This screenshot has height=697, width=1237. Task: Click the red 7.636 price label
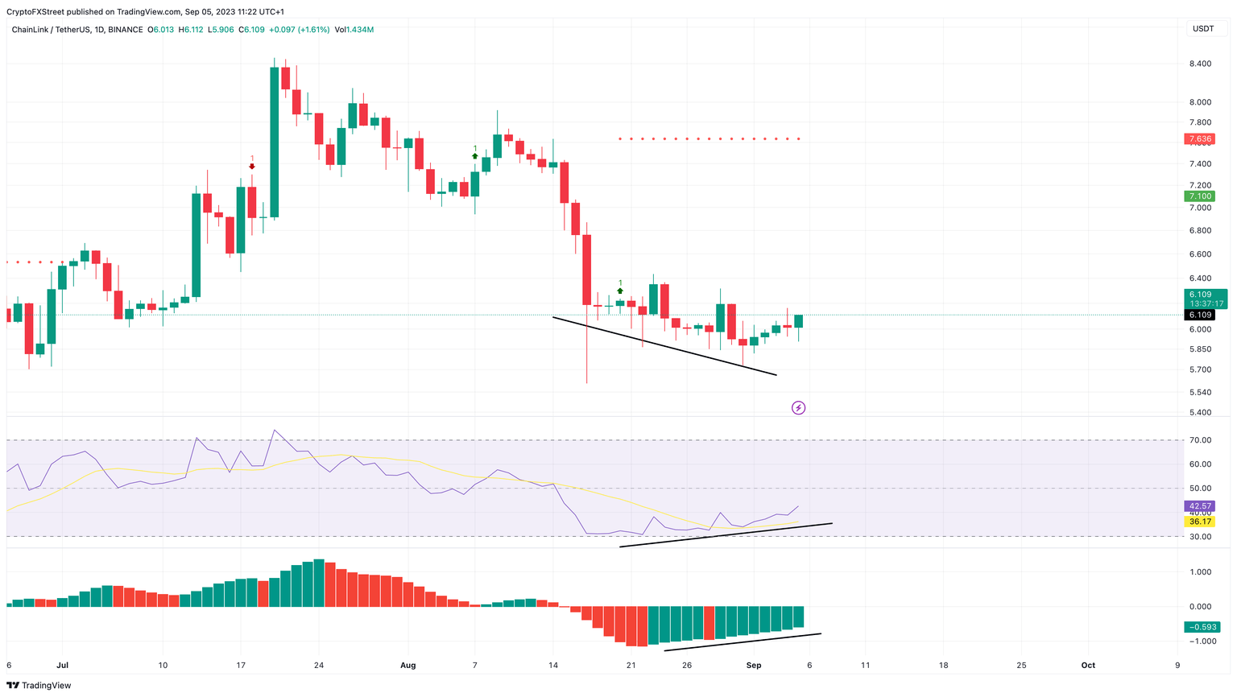1200,139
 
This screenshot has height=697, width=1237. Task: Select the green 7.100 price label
1200,196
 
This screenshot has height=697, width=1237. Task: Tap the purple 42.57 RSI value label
1200,506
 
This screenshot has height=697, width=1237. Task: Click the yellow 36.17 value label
1200,522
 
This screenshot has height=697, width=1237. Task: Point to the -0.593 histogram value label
1202,627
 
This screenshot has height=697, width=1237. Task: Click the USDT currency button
1203,29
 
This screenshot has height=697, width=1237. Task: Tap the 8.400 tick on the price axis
1200,64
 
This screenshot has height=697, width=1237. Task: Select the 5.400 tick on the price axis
1200,413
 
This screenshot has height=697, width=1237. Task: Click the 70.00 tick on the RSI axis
1200,440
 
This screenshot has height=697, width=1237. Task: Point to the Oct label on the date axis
1088,666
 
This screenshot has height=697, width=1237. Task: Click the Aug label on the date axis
408,666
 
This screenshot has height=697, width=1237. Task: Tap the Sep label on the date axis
754,666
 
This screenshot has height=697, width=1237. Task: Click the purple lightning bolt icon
798,408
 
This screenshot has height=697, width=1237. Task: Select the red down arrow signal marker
252,167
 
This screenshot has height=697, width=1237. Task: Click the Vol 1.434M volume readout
354,30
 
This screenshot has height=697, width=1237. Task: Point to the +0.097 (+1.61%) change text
299,30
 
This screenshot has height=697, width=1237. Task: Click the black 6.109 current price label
1200,315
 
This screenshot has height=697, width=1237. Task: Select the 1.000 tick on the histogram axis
1200,572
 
